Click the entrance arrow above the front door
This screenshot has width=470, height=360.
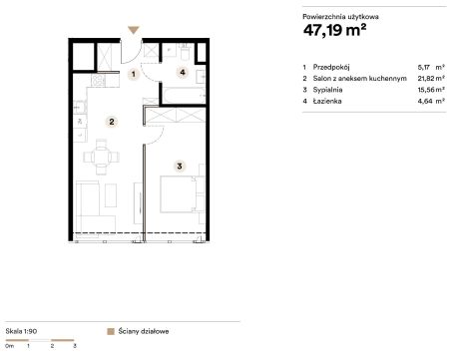[134, 30]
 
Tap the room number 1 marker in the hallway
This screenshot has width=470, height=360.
[134, 74]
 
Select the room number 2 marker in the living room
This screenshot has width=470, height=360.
[112, 122]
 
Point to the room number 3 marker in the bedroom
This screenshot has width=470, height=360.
[180, 166]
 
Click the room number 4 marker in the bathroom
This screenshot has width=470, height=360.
[183, 72]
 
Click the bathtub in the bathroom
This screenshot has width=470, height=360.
[184, 95]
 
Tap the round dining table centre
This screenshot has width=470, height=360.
[102, 157]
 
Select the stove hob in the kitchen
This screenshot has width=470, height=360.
[98, 81]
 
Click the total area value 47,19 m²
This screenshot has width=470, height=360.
[334, 30]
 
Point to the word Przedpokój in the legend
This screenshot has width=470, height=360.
[331, 67]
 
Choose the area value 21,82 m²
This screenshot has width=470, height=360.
[431, 78]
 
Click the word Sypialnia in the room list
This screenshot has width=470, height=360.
[327, 90]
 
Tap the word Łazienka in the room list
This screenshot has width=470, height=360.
[327, 101]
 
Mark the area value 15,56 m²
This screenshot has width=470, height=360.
[431, 90]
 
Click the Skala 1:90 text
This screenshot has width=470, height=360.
[21, 331]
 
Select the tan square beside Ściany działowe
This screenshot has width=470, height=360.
[111, 331]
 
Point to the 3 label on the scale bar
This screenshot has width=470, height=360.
[75, 346]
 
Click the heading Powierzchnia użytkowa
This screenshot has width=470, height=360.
[340, 17]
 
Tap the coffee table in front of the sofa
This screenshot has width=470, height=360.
[111, 195]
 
